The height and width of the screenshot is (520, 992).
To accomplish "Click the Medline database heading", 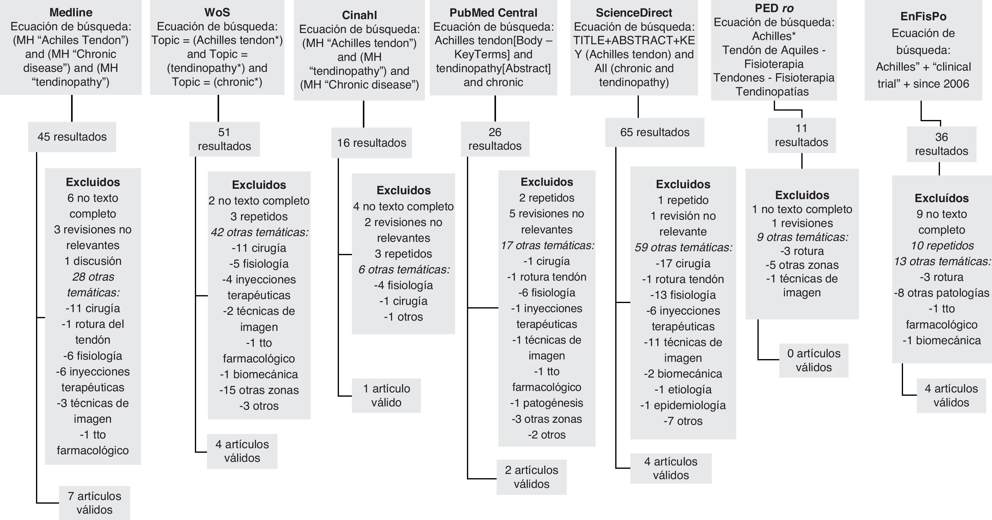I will [71, 12].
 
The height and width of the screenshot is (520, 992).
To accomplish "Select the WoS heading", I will [217, 12].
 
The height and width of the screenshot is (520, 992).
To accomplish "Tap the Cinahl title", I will [359, 15].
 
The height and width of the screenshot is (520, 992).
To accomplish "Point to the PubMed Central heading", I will [493, 13].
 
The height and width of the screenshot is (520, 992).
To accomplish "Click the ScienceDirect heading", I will [634, 13].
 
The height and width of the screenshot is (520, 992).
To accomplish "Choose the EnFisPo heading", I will [923, 17].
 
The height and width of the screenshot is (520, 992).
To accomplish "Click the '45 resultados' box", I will [72, 137].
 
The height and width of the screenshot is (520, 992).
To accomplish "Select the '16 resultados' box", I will [372, 143].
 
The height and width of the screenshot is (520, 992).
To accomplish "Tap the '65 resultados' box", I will [655, 132].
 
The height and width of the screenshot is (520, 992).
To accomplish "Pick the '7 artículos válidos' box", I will [94, 503].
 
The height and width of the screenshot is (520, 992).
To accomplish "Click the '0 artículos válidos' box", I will [814, 360].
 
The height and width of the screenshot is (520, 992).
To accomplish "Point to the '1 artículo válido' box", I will [386, 395].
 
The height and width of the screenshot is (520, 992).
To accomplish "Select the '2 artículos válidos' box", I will [531, 477].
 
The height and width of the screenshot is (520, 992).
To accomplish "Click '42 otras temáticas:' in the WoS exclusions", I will [259, 232].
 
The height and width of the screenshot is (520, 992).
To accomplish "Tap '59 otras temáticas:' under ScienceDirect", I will [683, 248].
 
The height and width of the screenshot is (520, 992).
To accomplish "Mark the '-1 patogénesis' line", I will [547, 403].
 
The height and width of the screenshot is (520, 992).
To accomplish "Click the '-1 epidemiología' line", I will [683, 405].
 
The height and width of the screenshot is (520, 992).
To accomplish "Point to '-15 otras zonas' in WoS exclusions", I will [259, 390].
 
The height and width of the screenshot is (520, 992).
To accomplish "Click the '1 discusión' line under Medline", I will [93, 261].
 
